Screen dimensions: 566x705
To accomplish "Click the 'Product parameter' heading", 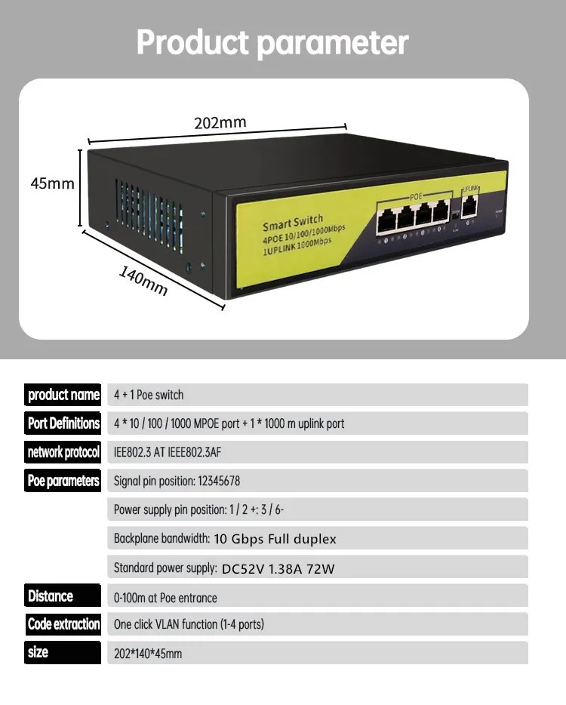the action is tap(272, 43).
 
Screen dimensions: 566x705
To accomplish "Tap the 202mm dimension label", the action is tap(220, 122).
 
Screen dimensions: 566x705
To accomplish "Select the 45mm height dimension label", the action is tap(53, 183).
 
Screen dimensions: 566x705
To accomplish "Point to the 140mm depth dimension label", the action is tap(143, 281).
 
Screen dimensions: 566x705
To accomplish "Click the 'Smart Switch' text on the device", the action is tap(293, 224).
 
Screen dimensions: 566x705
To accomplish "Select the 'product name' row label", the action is tap(63, 395).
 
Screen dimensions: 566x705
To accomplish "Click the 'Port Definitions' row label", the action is tap(63, 423).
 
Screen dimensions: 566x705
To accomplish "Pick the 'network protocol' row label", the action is tap(63, 452).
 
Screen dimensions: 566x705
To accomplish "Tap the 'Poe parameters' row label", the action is tap(63, 481).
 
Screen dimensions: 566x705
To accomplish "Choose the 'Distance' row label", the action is tap(51, 596).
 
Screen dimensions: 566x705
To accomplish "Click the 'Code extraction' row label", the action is tap(63, 624).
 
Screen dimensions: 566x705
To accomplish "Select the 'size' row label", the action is tap(38, 653).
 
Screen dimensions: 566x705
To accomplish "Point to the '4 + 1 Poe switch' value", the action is tap(149, 395).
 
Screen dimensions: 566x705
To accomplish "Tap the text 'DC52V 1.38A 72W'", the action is tap(278, 569).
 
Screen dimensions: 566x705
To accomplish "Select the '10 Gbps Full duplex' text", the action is tap(275, 539).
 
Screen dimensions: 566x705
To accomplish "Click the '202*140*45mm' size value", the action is tap(148, 654).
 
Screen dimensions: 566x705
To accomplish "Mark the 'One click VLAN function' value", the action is tap(189, 624).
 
